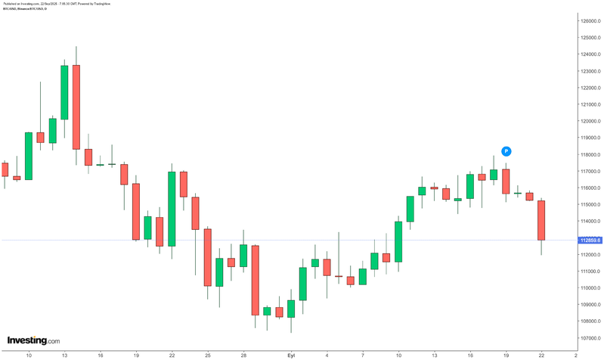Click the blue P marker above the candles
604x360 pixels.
(x=506, y=151)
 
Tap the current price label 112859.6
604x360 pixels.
(x=590, y=241)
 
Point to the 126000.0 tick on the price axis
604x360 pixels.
(x=590, y=20)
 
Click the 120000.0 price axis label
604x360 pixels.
(x=590, y=121)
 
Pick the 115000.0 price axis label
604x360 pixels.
(x=590, y=204)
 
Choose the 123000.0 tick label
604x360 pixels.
(x=590, y=71)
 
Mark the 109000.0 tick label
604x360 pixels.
(x=590, y=305)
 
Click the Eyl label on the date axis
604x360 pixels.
(x=291, y=354)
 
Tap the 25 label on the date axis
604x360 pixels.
(x=207, y=354)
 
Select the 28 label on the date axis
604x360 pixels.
(x=243, y=354)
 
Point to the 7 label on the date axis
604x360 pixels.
(x=363, y=354)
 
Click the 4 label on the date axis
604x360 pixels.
(x=327, y=354)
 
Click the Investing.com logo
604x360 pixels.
(x=33, y=341)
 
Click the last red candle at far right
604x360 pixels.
(x=541, y=220)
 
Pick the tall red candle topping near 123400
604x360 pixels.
(x=76, y=107)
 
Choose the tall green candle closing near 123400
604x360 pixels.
(x=64, y=92)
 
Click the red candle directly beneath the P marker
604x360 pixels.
(x=506, y=182)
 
